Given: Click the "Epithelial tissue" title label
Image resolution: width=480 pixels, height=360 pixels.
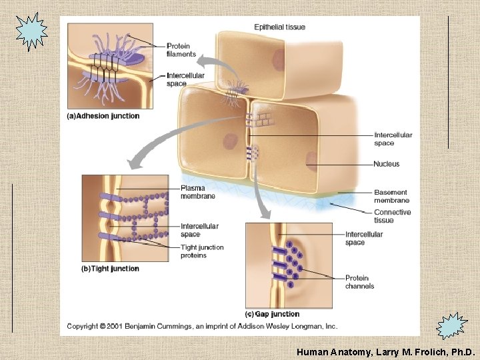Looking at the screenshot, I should pyautogui.click(x=279, y=27).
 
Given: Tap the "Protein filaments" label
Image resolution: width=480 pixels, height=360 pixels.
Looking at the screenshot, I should pyautogui.click(x=181, y=50).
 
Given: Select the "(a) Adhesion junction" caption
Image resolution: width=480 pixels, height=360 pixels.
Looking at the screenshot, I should pyautogui.click(x=103, y=116).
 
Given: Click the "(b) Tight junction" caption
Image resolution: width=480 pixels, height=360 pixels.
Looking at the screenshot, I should pyautogui.click(x=110, y=269).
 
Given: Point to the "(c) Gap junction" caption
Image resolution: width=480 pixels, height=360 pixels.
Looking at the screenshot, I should pyautogui.click(x=272, y=314).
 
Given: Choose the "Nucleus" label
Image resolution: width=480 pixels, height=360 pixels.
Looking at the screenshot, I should pyautogui.click(x=387, y=164).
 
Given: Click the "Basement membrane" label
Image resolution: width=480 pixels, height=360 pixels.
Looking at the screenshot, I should pyautogui.click(x=391, y=196).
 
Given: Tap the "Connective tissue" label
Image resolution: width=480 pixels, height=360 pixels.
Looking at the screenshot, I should pyautogui.click(x=392, y=216).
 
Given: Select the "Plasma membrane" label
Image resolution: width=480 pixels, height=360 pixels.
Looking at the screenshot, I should pyautogui.click(x=197, y=192).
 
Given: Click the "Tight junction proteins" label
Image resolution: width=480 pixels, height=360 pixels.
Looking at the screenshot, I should pyautogui.click(x=202, y=251).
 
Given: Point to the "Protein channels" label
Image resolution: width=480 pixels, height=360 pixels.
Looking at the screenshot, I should pyautogui.click(x=360, y=282).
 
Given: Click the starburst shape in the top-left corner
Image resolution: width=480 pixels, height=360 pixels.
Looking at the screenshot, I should pyautogui.click(x=32, y=31).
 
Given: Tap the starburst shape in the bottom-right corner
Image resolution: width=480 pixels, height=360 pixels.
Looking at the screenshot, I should pyautogui.click(x=452, y=327).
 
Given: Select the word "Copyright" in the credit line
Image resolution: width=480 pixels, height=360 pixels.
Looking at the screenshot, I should pyautogui.click(x=82, y=326).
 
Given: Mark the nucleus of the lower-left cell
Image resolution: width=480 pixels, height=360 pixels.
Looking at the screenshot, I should pyautogui.click(x=231, y=142).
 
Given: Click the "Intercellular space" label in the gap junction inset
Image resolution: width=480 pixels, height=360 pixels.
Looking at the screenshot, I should pyautogui.click(x=364, y=238).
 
